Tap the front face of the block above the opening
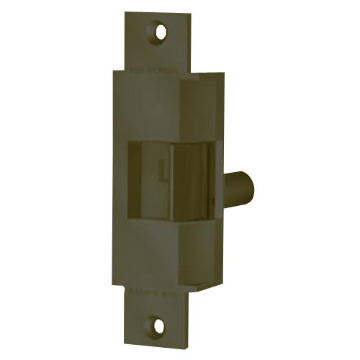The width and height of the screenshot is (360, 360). [151, 108]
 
